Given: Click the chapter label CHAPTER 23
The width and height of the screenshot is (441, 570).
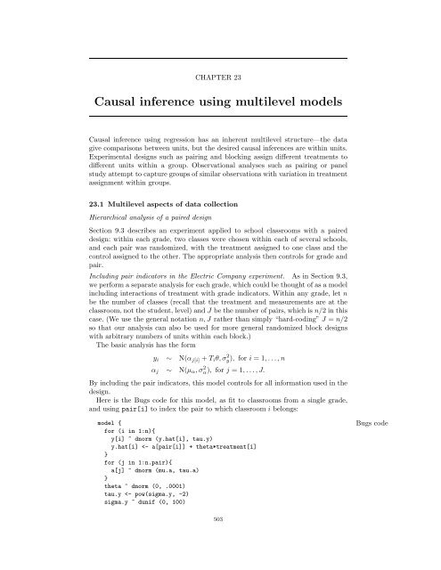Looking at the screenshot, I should pyautogui.click(x=221, y=77).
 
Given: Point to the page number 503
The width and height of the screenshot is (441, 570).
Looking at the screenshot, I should pyautogui.click(x=220, y=541).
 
